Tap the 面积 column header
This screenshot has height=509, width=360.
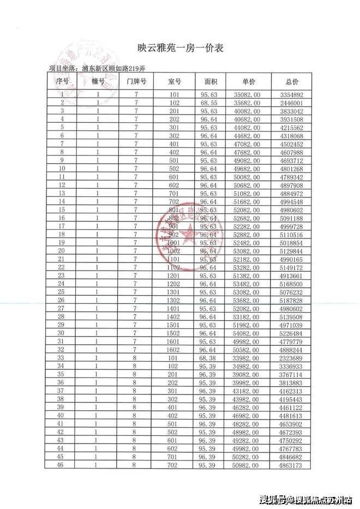coord(211,81)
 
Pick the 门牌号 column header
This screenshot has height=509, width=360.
coord(136,81)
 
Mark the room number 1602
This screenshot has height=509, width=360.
coord(174,349)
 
